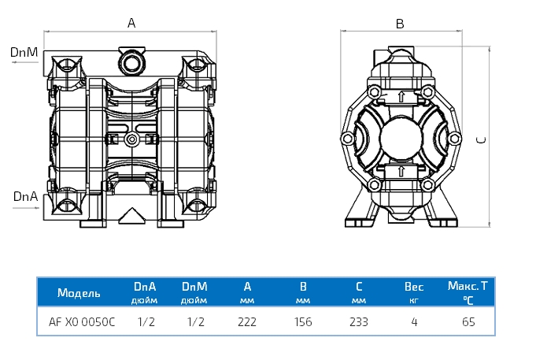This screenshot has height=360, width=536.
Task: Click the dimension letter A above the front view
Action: click(x=131, y=24)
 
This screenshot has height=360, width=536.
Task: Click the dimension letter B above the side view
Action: click(x=400, y=24)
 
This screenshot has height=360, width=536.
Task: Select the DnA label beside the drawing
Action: click(x=25, y=195)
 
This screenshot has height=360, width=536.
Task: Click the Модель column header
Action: click(x=79, y=293)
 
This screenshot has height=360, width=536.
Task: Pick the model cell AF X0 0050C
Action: click(x=82, y=321)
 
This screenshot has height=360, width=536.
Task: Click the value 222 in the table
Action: click(x=248, y=321)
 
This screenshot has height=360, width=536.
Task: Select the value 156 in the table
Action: click(x=302, y=321)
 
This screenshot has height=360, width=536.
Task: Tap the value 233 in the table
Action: click(x=359, y=321)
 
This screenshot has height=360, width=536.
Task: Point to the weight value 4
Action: click(x=414, y=321)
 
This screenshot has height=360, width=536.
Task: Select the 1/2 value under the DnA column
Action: click(x=146, y=321)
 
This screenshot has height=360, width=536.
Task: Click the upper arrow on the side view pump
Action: click(x=402, y=97)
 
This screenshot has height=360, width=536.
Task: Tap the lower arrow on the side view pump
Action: click(x=402, y=170)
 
